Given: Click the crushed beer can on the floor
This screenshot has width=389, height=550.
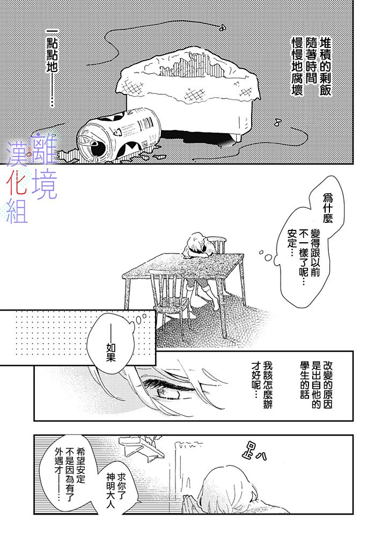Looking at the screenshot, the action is pos(119,137).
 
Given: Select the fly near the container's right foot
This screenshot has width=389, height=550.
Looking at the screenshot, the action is pos(278,122).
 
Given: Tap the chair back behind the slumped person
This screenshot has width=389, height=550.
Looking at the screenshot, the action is pos(218,244).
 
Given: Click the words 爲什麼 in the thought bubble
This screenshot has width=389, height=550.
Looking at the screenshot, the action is pos(327,209).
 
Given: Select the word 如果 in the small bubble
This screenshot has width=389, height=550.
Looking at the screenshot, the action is pos(111,353).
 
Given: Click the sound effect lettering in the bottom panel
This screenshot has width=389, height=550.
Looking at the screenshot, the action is pos(254,451).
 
